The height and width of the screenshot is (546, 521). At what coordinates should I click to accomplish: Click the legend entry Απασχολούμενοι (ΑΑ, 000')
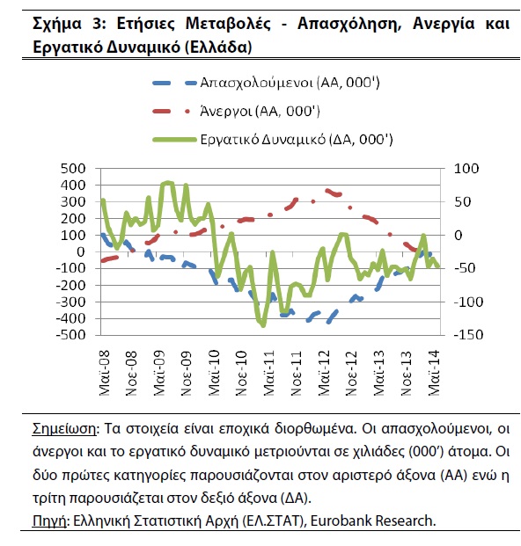pos(290,83)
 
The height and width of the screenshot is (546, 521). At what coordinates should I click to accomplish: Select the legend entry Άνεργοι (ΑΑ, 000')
pos(260,111)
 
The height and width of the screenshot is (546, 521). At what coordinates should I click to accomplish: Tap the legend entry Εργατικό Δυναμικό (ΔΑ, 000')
pos(297,140)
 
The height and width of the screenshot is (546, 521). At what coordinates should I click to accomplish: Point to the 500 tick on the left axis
pos(73,169)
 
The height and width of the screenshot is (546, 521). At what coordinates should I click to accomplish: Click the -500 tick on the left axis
pos(70,335)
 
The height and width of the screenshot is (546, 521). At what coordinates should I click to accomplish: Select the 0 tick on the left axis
pos(80,251)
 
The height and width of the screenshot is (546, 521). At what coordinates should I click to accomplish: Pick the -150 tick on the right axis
pos(468,335)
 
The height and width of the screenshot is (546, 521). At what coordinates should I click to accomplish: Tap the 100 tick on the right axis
pos(466,169)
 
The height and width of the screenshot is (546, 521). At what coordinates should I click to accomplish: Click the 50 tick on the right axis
pos(462,202)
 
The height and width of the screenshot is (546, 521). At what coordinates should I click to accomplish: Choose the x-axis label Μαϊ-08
pos(104,373)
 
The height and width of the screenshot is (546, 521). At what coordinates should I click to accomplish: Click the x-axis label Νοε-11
pos(296,374)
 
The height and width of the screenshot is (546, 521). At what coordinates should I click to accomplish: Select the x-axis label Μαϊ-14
pos(433,373)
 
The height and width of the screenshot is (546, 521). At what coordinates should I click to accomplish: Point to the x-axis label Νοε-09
pos(187,374)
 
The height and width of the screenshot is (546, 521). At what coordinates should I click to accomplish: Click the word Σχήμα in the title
pos(57,25)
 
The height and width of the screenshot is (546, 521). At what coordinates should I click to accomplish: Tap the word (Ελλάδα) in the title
pos(217,47)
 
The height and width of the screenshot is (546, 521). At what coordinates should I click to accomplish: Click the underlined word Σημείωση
pos(63,428)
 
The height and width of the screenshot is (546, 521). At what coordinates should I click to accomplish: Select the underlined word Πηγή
pos(49,521)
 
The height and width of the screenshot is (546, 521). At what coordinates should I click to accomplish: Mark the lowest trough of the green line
pos(263,326)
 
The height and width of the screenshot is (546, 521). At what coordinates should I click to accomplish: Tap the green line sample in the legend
pos(175,140)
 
